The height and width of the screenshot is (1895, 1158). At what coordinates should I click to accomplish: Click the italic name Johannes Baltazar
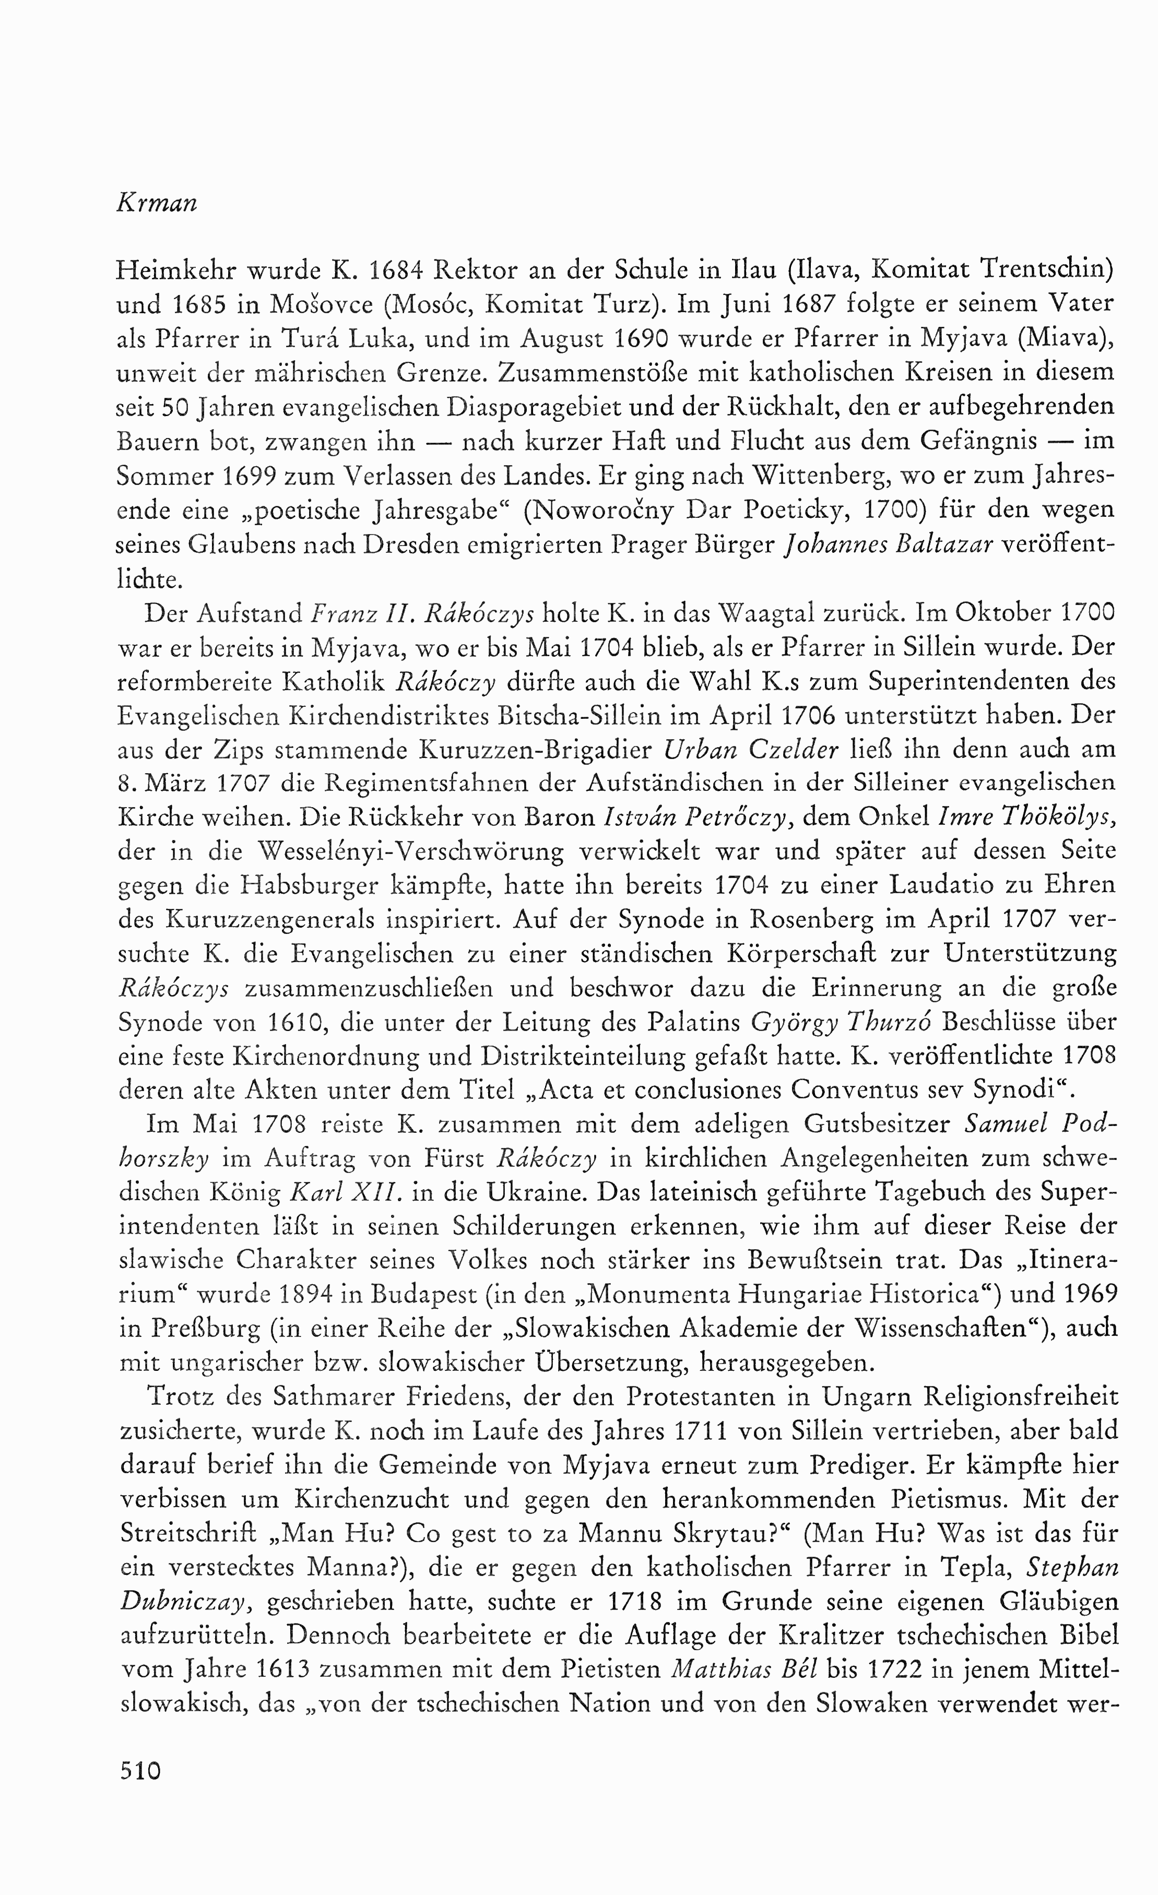point(890,544)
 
